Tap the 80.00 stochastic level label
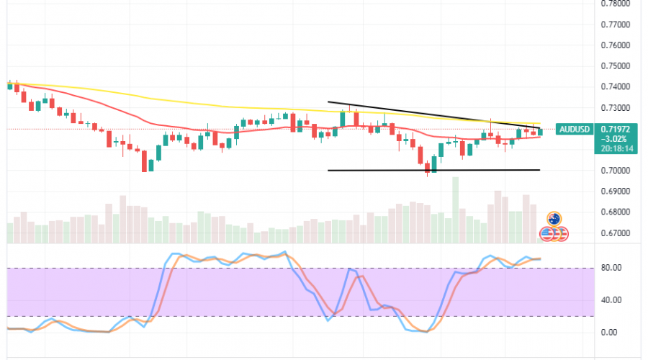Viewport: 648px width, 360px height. pyautogui.click(x=611, y=268)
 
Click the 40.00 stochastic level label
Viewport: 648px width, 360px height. pyautogui.click(x=611, y=300)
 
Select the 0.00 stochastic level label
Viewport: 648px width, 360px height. pyautogui.click(x=609, y=332)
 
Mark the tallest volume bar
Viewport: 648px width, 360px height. pyautogui.click(x=455, y=209)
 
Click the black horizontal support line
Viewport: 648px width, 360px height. pyautogui.click(x=432, y=170)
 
